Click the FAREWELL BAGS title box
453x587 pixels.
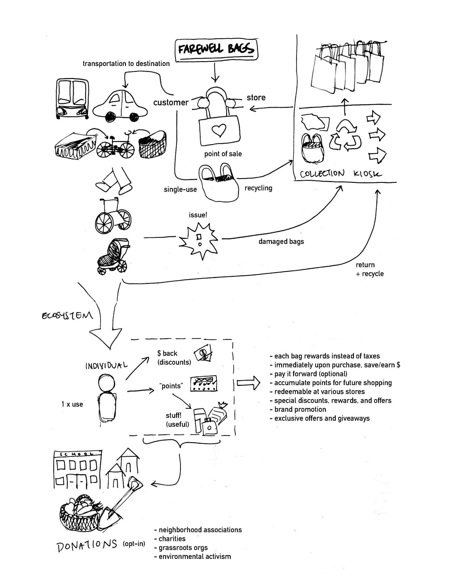pyautogui.click(x=216, y=49)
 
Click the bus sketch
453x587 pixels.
pyautogui.click(x=72, y=99)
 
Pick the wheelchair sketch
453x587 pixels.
pyautogui.click(x=113, y=216)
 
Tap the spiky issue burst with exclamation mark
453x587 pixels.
pyautogui.click(x=199, y=240)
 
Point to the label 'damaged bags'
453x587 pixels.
pyautogui.click(x=281, y=241)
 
